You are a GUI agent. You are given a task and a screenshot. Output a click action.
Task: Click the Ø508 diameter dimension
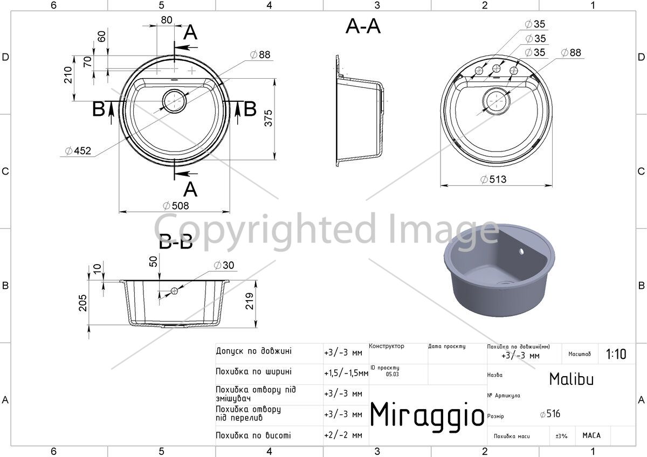176,206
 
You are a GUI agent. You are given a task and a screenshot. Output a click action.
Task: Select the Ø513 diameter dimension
493,179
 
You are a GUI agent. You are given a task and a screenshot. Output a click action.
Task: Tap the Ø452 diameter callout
78,151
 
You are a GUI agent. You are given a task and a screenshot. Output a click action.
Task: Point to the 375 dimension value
269,118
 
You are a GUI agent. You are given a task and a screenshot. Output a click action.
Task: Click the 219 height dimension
250,301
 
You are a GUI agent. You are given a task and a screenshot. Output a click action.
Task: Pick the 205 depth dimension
82,303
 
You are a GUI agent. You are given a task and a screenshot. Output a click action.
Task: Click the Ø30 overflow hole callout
224,265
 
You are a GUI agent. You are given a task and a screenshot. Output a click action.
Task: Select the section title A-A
363,26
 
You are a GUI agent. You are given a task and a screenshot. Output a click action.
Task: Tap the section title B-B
176,242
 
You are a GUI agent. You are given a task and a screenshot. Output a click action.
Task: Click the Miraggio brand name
427,414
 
